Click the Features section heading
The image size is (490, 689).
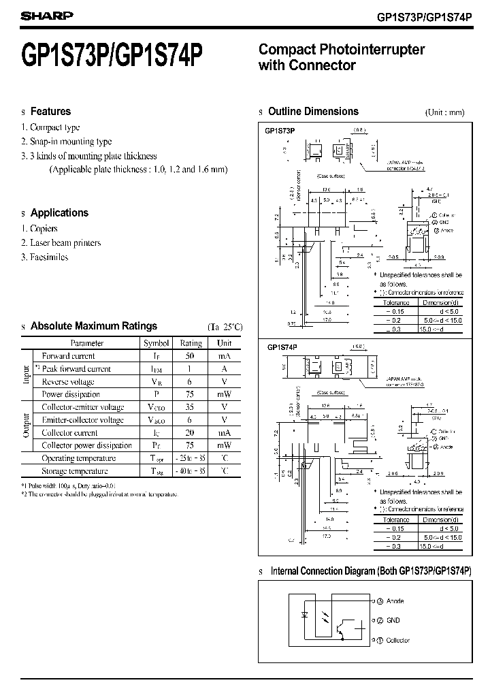click(50, 112)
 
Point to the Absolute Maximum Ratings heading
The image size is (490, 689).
click(93, 326)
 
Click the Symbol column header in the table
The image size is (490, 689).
click(156, 343)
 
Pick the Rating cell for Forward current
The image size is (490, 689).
click(191, 356)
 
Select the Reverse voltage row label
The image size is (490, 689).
click(68, 382)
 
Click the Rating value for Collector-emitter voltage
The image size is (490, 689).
click(191, 407)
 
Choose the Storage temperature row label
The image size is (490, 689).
click(75, 471)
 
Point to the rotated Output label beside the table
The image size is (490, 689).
click(27, 426)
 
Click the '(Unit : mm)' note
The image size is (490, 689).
click(444, 112)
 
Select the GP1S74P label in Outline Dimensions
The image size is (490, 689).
click(282, 347)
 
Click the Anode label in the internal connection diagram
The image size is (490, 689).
click(395, 601)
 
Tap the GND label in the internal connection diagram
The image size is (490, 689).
click(393, 620)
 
